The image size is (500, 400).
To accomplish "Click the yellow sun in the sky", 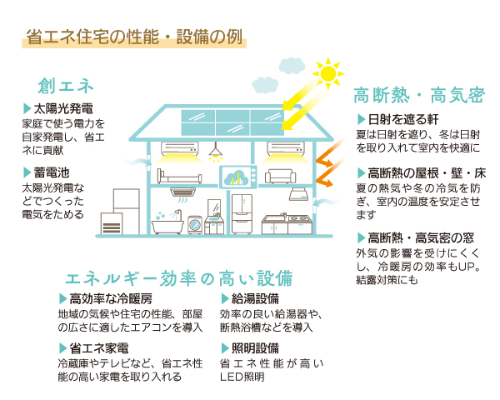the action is [x=328, y=73].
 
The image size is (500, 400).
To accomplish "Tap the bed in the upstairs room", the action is [x=179, y=177].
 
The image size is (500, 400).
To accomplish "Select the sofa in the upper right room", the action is [x=281, y=177].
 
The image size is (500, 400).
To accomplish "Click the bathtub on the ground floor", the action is [x=167, y=226].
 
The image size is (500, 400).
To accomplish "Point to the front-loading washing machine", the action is [x=195, y=225].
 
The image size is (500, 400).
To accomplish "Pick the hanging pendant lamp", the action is [x=216, y=152].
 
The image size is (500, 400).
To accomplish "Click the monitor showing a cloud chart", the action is [x=238, y=177].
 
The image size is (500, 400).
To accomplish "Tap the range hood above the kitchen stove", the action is [x=299, y=194].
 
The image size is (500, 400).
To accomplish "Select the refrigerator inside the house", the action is [x=242, y=214].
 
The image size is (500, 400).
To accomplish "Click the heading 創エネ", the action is [x=66, y=86].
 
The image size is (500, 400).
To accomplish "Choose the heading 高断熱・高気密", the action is [x=419, y=95].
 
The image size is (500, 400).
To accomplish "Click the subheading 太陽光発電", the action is [x=63, y=109].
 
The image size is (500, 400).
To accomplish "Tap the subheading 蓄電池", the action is [x=52, y=172].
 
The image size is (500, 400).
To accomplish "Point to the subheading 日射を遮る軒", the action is [x=403, y=120].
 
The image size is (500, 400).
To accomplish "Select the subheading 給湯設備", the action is [x=255, y=299].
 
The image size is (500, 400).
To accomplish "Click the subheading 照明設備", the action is [x=255, y=348].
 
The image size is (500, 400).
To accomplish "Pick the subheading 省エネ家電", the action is [x=99, y=348].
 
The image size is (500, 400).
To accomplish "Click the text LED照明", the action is [x=242, y=377].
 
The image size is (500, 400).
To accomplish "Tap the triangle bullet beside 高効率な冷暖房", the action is [x=62, y=299].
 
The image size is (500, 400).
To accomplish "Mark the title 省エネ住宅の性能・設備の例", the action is [x=134, y=37].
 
